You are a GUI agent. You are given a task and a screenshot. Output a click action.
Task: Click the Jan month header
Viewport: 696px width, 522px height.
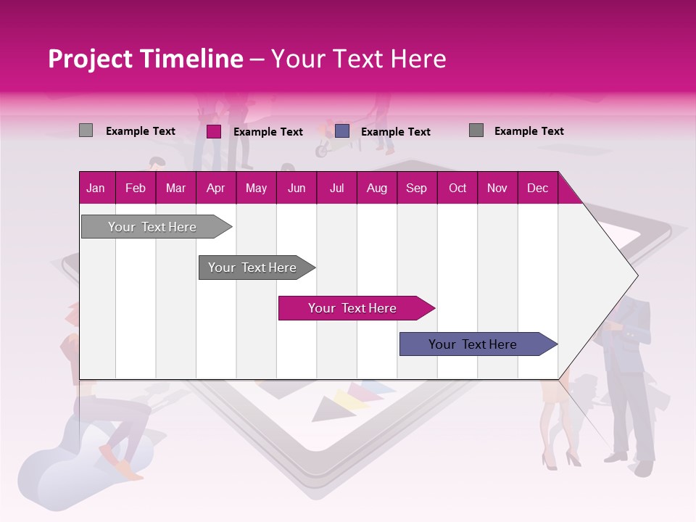(96, 188)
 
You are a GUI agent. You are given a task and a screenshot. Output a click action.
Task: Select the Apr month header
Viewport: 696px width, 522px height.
(215, 188)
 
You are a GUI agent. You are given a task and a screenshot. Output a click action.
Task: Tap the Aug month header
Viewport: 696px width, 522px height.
(376, 188)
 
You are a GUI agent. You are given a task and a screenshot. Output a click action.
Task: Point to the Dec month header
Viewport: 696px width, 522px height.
(537, 188)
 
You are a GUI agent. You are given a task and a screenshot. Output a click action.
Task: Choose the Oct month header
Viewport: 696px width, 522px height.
(457, 188)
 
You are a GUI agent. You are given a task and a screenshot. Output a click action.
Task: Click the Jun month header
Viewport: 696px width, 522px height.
(297, 188)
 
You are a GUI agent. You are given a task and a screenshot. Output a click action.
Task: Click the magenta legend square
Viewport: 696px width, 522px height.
(213, 131)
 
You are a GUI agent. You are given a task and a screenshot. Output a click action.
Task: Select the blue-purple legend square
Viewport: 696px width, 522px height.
(342, 130)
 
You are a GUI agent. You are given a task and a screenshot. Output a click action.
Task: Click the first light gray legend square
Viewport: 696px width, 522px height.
(86, 130)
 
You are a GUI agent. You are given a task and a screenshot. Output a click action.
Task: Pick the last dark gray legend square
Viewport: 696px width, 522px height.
(476, 130)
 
